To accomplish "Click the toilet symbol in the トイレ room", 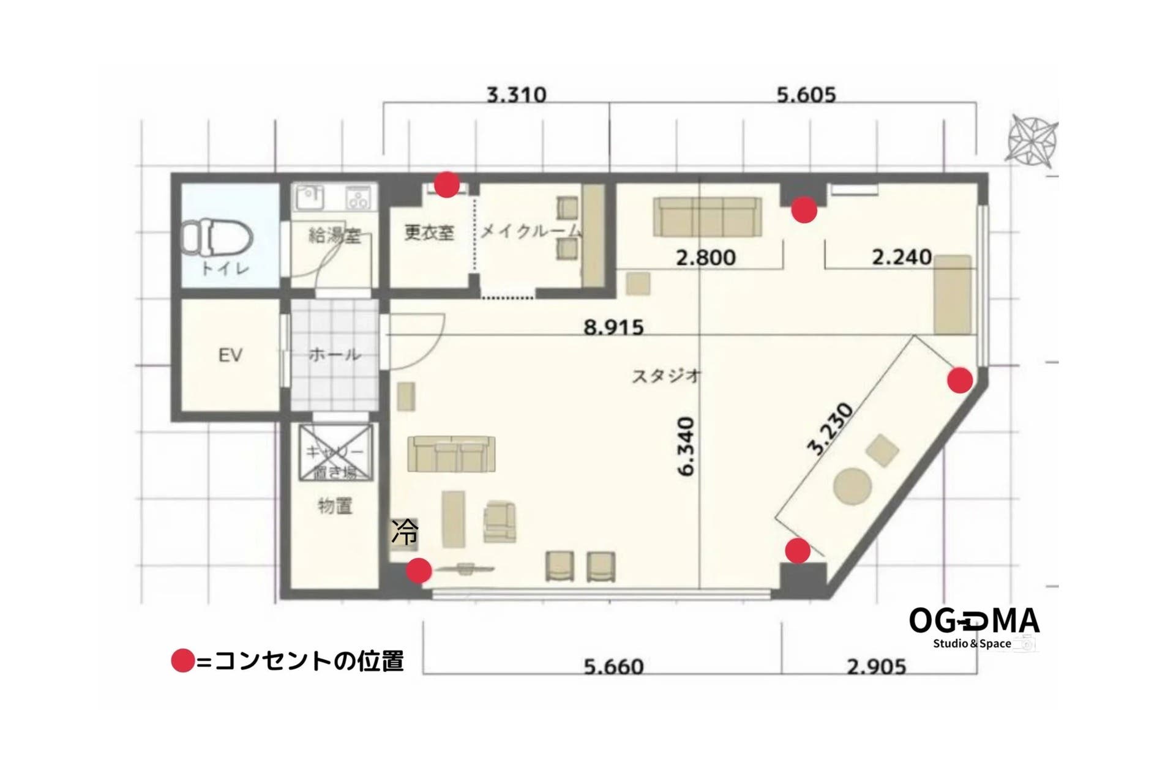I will (x=218, y=239).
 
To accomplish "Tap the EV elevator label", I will (x=230, y=355).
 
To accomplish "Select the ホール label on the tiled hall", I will (x=334, y=354).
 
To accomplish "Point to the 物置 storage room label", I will (x=335, y=506).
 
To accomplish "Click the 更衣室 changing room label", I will (x=429, y=233).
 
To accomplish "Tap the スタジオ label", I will (x=666, y=376).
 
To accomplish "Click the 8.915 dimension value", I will (x=613, y=328).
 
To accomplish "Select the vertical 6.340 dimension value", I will (x=686, y=446).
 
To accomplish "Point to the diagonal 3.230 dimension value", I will (x=830, y=430).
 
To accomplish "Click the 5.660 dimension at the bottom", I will (x=613, y=666).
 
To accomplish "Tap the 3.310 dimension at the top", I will (x=516, y=95).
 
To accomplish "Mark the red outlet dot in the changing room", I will (x=447, y=184).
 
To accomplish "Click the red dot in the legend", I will (x=182, y=661).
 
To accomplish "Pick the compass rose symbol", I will (x=1033, y=141).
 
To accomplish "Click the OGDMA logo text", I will (x=974, y=620).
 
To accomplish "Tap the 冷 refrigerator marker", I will (x=405, y=532).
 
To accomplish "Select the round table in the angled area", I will (x=852, y=487).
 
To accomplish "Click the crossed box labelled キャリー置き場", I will (x=335, y=453).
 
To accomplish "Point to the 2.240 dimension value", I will (x=902, y=257).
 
